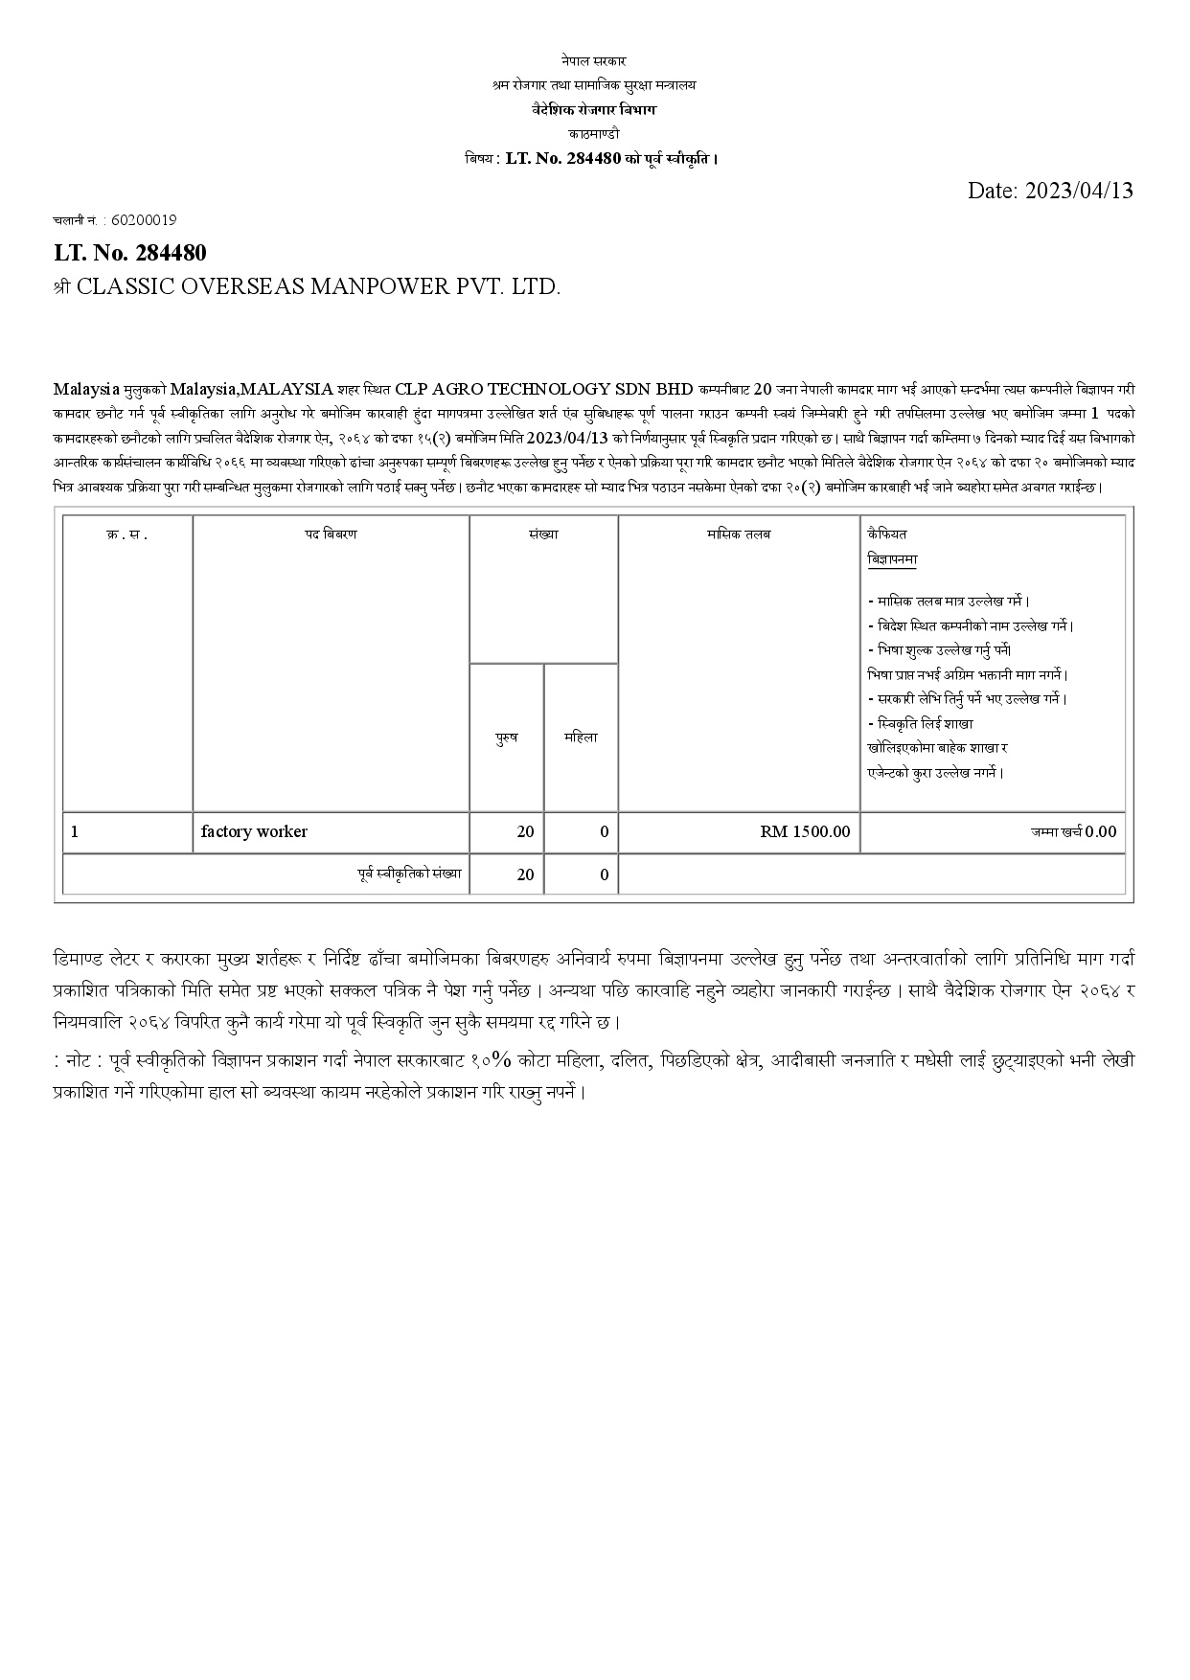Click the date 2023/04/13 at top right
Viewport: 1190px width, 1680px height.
pyautogui.click(x=1050, y=191)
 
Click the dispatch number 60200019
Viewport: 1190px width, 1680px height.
pyautogui.click(x=144, y=219)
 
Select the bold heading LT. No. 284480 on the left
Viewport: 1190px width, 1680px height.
pyautogui.click(x=129, y=253)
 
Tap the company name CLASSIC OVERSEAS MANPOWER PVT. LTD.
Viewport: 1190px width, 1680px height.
pyautogui.click(x=317, y=286)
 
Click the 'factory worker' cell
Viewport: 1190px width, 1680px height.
pyautogui.click(x=254, y=831)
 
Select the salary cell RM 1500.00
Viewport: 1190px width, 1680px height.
pyautogui.click(x=805, y=831)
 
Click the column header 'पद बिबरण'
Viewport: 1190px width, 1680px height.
pyautogui.click(x=331, y=534)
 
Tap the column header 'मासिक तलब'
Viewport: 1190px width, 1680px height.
pyautogui.click(x=738, y=534)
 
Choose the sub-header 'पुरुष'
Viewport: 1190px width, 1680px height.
pyautogui.click(x=506, y=738)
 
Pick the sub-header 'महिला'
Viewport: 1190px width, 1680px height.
pyautogui.click(x=581, y=738)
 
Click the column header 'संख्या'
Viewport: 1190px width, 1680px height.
pyautogui.click(x=542, y=534)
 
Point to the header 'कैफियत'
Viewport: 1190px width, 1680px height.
pyautogui.click(x=887, y=534)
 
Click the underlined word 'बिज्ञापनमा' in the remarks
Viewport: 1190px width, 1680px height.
pyautogui.click(x=892, y=559)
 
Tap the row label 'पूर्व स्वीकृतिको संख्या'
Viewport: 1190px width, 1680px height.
pyautogui.click(x=409, y=874)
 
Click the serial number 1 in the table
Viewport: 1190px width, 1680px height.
pyautogui.click(x=75, y=831)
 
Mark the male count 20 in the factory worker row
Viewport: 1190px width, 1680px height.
pyautogui.click(x=525, y=831)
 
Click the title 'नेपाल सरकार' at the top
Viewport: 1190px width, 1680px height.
pyautogui.click(x=594, y=61)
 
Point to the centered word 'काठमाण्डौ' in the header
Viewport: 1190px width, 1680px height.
pyautogui.click(x=594, y=134)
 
